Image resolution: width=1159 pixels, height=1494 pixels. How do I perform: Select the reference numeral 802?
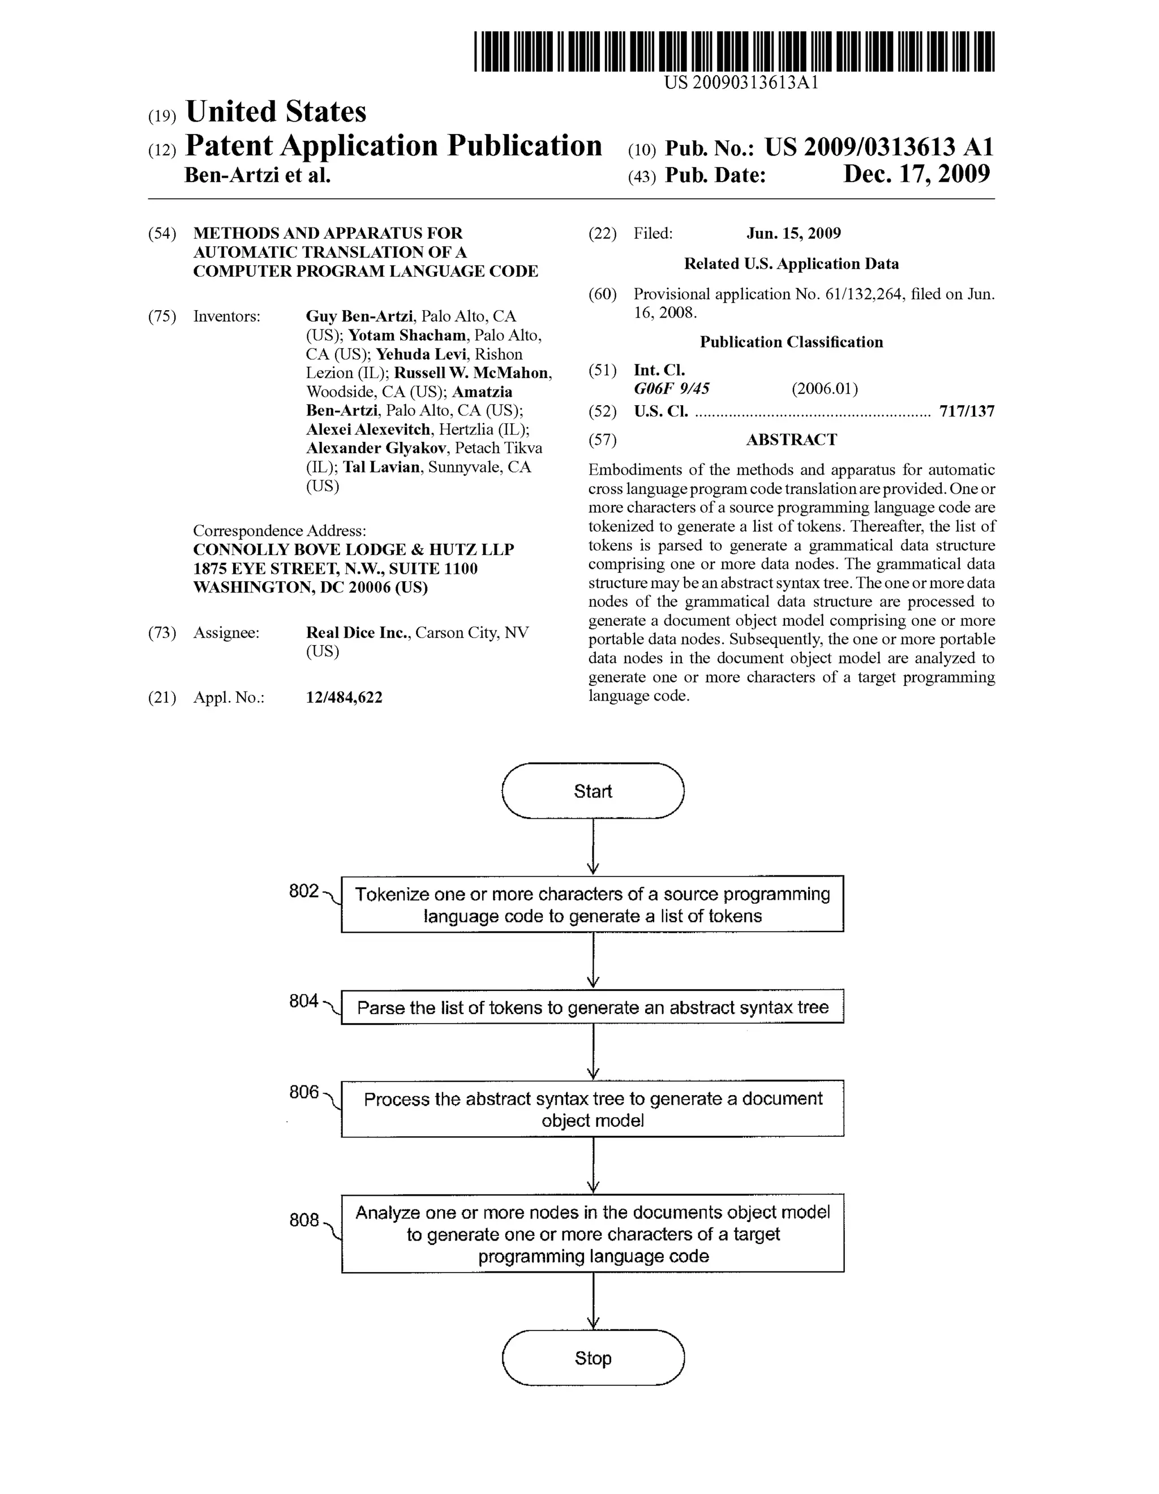304,891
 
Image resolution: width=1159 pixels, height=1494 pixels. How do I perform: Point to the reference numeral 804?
304,1002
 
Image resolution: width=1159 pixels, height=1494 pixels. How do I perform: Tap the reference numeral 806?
304,1092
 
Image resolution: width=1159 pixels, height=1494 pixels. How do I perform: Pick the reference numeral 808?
304,1220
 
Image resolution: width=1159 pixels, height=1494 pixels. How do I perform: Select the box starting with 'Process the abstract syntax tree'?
593,1109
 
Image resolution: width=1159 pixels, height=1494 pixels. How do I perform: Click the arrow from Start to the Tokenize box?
593,847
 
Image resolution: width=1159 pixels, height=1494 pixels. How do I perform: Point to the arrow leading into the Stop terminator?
593,1301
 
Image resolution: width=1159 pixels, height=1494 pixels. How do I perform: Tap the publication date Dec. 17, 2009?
916,174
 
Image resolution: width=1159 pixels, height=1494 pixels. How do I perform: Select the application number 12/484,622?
344,697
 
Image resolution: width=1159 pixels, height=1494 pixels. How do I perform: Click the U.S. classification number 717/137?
967,411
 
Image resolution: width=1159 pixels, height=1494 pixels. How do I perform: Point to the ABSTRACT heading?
791,439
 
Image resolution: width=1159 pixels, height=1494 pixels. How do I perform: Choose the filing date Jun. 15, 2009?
793,233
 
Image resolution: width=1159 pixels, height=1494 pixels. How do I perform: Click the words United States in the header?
276,111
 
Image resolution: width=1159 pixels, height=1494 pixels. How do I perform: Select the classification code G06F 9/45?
671,389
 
